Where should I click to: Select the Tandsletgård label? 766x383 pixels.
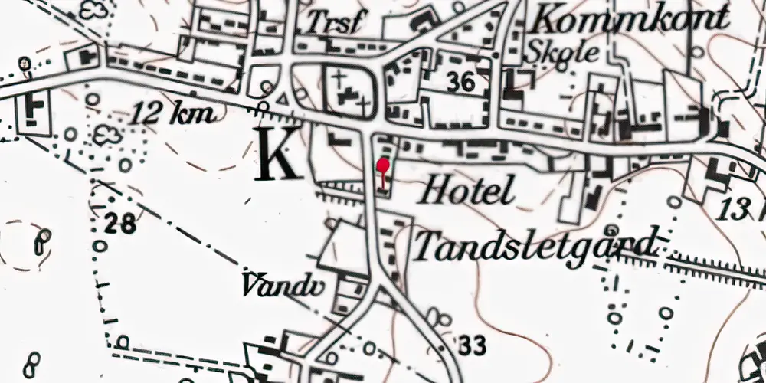535,244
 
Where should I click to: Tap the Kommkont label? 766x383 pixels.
631,17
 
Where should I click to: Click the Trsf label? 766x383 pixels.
332,24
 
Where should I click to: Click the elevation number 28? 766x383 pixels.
121,224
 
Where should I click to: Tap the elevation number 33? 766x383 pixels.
473,346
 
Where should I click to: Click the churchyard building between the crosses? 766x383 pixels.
349,96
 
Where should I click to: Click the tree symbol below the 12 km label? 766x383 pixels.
108,136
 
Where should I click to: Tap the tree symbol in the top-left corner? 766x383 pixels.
95,11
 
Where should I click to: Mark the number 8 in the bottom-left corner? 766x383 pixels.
32,362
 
